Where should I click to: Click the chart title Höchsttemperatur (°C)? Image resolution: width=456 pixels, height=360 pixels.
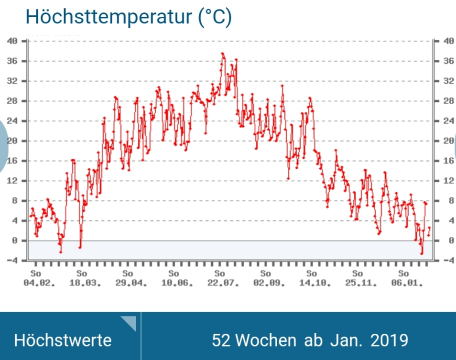tap(128, 17)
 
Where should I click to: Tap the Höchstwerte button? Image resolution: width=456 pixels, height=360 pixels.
tap(63, 340)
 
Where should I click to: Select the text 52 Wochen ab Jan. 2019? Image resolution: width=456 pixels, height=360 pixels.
tap(310, 340)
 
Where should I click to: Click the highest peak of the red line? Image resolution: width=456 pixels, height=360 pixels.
tap(222, 54)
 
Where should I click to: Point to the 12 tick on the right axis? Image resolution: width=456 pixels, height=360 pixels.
tap(449, 181)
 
